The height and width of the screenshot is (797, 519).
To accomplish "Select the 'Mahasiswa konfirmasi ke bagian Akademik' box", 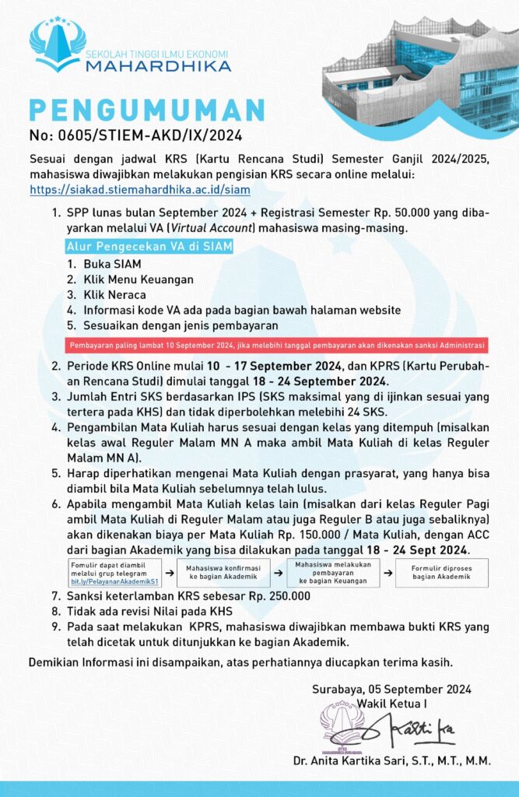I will (x=225, y=572).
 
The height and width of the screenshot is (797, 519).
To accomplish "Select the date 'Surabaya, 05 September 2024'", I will (x=391, y=690).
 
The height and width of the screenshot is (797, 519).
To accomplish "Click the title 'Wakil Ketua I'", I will (x=391, y=704).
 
